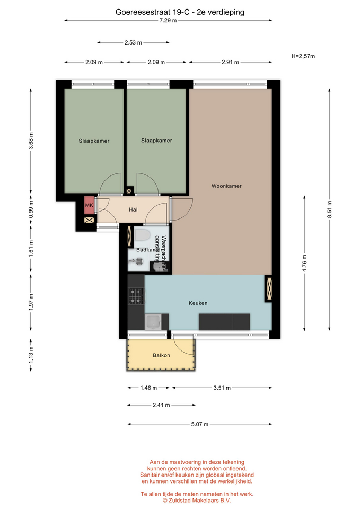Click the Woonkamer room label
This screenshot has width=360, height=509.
click(x=226, y=186)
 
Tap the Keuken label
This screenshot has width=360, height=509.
click(x=198, y=303)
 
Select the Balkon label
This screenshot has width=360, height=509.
click(x=161, y=355)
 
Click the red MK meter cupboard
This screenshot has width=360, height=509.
click(x=89, y=205)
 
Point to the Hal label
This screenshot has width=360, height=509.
click(x=133, y=210)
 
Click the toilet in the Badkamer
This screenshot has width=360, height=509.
click(x=142, y=235)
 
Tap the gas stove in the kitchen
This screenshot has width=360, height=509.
click(x=136, y=296)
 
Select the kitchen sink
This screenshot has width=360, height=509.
click(x=153, y=322)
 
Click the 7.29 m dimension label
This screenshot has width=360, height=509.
click(x=168, y=21)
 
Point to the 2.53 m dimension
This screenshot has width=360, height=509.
click(x=133, y=42)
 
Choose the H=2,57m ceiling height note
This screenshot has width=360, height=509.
click(x=303, y=56)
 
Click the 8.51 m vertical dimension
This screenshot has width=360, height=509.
click(x=329, y=209)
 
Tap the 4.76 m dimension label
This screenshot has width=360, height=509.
click(x=304, y=264)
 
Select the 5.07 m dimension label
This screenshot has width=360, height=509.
click(x=200, y=424)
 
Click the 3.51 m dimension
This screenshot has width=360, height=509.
click(x=222, y=388)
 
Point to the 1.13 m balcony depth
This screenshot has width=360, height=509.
click(x=31, y=355)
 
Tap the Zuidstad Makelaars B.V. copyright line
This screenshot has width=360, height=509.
click(x=197, y=501)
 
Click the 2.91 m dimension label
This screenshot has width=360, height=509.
click(x=231, y=62)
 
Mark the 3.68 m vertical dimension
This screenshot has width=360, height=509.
click(x=31, y=141)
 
